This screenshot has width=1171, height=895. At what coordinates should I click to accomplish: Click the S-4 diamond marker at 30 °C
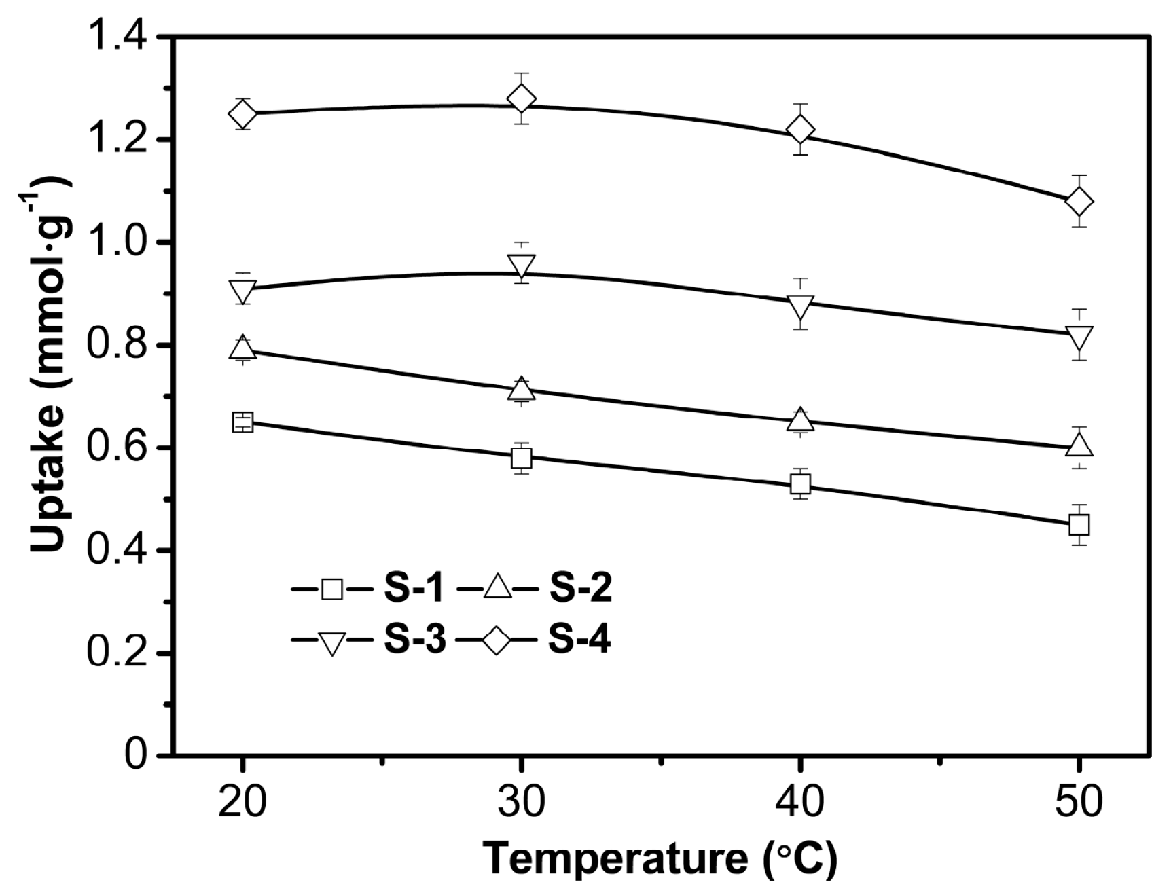(521, 99)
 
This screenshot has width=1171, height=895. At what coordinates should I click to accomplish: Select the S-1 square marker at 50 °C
(1079, 524)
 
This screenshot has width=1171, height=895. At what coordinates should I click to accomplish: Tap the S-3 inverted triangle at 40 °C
(800, 306)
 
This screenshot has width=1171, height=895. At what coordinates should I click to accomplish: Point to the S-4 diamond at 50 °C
(1079, 202)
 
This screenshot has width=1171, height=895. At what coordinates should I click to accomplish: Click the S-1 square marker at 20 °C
(242, 422)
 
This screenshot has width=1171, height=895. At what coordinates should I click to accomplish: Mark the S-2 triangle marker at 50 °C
(1079, 446)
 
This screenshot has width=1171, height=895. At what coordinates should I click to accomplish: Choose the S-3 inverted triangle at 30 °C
(521, 265)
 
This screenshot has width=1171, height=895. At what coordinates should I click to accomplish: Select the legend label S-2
(579, 589)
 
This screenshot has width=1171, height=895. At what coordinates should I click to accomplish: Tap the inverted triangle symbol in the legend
(331, 642)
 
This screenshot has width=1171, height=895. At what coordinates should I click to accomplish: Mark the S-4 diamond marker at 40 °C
(800, 129)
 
